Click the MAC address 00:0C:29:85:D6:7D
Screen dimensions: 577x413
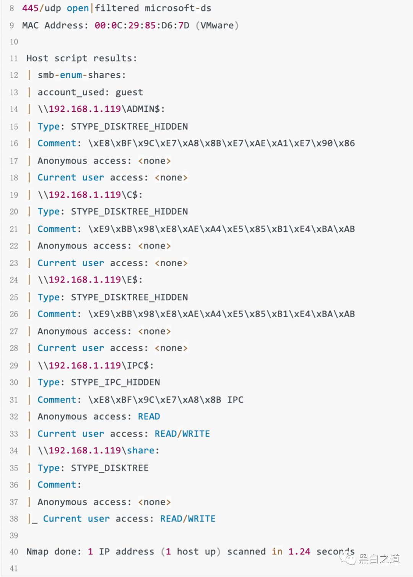142,25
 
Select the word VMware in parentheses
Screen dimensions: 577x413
217,25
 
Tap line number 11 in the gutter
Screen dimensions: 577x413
14,59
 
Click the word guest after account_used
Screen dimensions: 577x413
129,92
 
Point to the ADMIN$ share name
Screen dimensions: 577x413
143,109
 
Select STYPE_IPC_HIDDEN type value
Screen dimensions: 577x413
115,382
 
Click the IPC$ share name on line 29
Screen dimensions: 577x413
138,366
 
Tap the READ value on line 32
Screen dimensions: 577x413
149,416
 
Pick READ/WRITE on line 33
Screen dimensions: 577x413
182,434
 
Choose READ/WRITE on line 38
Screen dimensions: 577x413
188,518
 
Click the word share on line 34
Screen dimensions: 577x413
140,450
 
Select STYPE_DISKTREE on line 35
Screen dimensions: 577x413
110,468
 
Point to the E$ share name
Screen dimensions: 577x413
132,280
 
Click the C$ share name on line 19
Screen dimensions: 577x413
132,195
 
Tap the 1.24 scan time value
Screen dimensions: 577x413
299,551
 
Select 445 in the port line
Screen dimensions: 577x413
30,8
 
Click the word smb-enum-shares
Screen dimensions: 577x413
81,75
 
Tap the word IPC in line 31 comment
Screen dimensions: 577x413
235,400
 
